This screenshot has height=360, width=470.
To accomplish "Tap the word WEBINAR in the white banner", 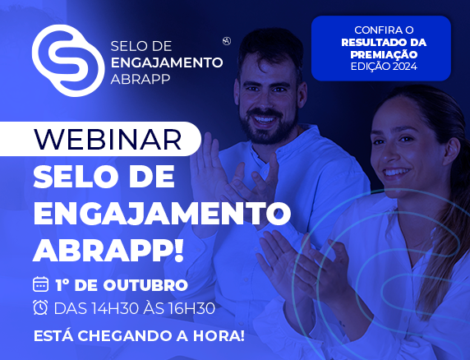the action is tap(108, 139).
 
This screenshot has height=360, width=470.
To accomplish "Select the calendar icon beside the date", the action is tap(40, 284).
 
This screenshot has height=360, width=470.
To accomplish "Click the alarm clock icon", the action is tap(40, 307).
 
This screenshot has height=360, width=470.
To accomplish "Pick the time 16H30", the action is tap(191, 308).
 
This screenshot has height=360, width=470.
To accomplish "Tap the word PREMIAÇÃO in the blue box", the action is tap(384, 54).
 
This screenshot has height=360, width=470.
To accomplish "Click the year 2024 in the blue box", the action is tap(404, 67).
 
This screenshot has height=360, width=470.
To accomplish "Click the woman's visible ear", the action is tap(452, 150).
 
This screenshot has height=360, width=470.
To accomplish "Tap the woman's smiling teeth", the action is tap(396, 173).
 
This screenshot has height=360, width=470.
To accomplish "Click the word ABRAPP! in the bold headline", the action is tap(108, 251).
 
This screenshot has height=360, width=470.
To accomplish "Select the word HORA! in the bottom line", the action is tap(219, 335).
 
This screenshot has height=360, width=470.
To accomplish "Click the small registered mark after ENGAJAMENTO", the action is tap(227, 41).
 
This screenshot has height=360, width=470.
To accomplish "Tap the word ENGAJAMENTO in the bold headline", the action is tap(162, 214).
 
